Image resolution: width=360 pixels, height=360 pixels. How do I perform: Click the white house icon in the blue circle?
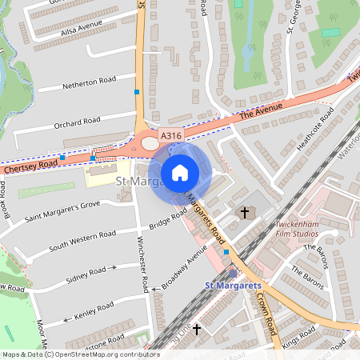(x=180, y=172)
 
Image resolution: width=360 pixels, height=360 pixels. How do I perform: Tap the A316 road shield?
(x=170, y=138)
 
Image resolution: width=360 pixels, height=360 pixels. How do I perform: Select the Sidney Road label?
(x=86, y=273)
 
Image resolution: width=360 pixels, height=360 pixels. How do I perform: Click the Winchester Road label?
(x=144, y=268)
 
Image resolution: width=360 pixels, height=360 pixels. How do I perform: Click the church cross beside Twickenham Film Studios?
(x=244, y=213)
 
